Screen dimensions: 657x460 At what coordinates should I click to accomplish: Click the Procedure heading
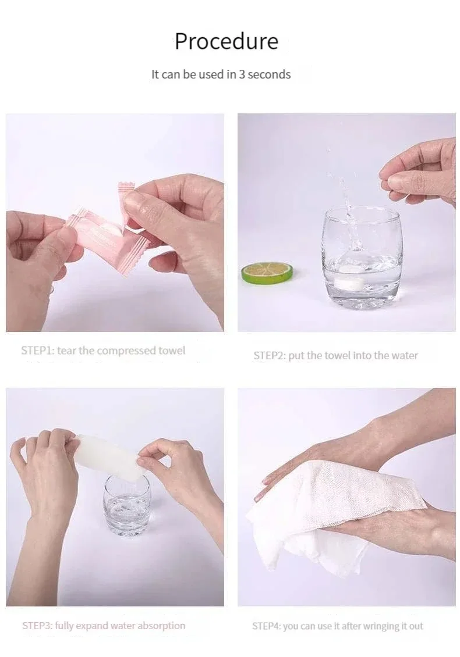pyautogui.click(x=227, y=42)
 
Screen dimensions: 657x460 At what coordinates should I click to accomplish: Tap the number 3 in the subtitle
pyautogui.click(x=242, y=74)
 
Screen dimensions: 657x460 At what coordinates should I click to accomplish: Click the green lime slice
pyautogui.click(x=267, y=272)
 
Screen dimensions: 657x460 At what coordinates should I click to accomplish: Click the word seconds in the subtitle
pyautogui.click(x=269, y=74)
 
